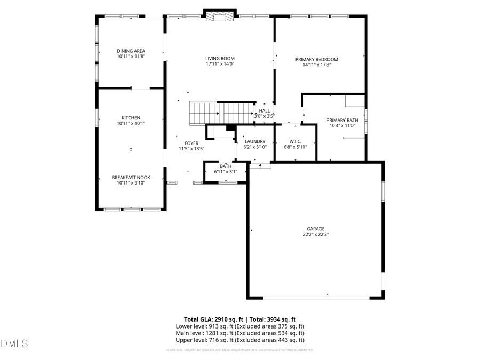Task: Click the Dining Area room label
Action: pyautogui.click(x=131, y=51)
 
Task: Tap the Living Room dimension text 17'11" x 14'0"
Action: pyautogui.click(x=220, y=64)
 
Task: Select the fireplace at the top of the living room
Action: pyautogui.click(x=220, y=16)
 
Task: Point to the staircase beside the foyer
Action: pyautogui.click(x=221, y=113)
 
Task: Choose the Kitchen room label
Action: pyautogui.click(x=131, y=118)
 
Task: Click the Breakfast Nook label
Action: pyautogui.click(x=131, y=177)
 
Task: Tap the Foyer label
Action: pyautogui.click(x=191, y=143)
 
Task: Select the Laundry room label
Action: pyautogui.click(x=254, y=141)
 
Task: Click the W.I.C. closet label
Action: pyautogui.click(x=295, y=141)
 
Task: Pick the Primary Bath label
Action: pyautogui.click(x=342, y=120)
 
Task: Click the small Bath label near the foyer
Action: pyautogui.click(x=226, y=166)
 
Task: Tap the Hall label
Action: pyautogui.click(x=264, y=110)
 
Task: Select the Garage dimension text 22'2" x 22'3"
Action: pyautogui.click(x=316, y=234)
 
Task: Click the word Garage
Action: pyautogui.click(x=316, y=229)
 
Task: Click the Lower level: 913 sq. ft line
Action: pyautogui.click(x=239, y=326)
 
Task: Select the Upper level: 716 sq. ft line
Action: pyautogui.click(x=239, y=340)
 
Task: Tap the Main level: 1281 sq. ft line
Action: pyautogui.click(x=239, y=333)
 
